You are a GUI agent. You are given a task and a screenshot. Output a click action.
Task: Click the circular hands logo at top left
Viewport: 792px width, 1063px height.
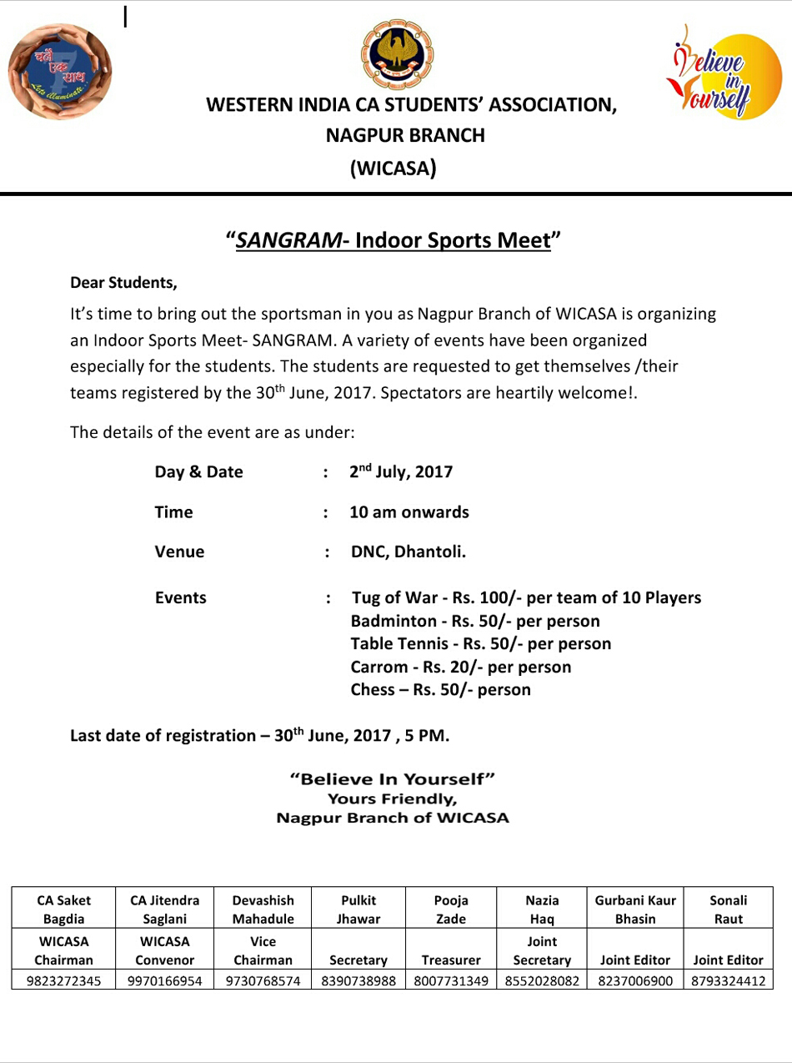point(60,71)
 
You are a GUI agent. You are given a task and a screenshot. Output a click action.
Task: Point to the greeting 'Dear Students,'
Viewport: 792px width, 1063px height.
point(124,283)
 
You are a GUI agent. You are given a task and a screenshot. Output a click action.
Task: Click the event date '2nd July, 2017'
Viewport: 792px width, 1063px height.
point(401,471)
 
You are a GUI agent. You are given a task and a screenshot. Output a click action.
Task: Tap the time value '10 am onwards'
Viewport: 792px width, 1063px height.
point(409,511)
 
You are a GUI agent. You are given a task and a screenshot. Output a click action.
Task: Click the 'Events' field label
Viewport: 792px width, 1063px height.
point(180,597)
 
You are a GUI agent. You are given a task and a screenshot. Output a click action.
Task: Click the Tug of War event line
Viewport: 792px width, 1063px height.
point(527,597)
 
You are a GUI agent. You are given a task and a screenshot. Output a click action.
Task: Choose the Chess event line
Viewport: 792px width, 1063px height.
point(440,689)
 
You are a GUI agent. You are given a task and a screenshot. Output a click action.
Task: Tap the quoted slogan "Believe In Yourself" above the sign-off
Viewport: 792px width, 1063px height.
point(393,779)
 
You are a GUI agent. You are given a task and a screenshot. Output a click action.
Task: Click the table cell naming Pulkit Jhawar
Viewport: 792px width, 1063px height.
point(358,909)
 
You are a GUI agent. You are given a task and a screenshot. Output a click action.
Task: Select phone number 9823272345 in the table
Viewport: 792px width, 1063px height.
point(64,980)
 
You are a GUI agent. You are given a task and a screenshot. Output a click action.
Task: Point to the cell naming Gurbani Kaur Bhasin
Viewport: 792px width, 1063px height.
point(635,909)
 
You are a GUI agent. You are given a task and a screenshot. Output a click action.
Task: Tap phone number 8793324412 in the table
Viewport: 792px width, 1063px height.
point(728,980)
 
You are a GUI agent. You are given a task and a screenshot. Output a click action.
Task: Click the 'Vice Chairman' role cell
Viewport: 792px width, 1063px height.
point(263,950)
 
